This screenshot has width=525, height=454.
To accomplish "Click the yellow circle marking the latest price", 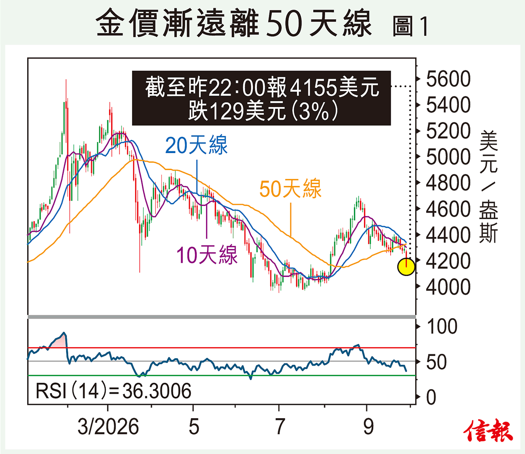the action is (406, 267).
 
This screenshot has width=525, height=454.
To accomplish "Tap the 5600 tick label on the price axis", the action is (448, 79).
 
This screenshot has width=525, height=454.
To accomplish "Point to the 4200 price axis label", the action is (448, 261).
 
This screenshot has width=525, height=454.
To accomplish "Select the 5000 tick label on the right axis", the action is (448, 157).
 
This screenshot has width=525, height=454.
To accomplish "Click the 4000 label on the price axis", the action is (448, 287).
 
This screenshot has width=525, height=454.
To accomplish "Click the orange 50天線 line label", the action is (290, 189).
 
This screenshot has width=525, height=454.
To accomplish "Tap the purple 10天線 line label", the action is (207, 255).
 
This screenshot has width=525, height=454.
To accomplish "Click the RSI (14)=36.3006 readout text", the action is (113, 391).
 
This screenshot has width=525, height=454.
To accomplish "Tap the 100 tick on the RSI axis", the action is (442, 326).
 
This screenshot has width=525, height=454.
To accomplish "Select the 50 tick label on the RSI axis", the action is (436, 362).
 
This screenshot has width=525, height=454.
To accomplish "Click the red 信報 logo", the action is (488, 433).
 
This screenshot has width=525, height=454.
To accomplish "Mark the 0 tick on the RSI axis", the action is (431, 398).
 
